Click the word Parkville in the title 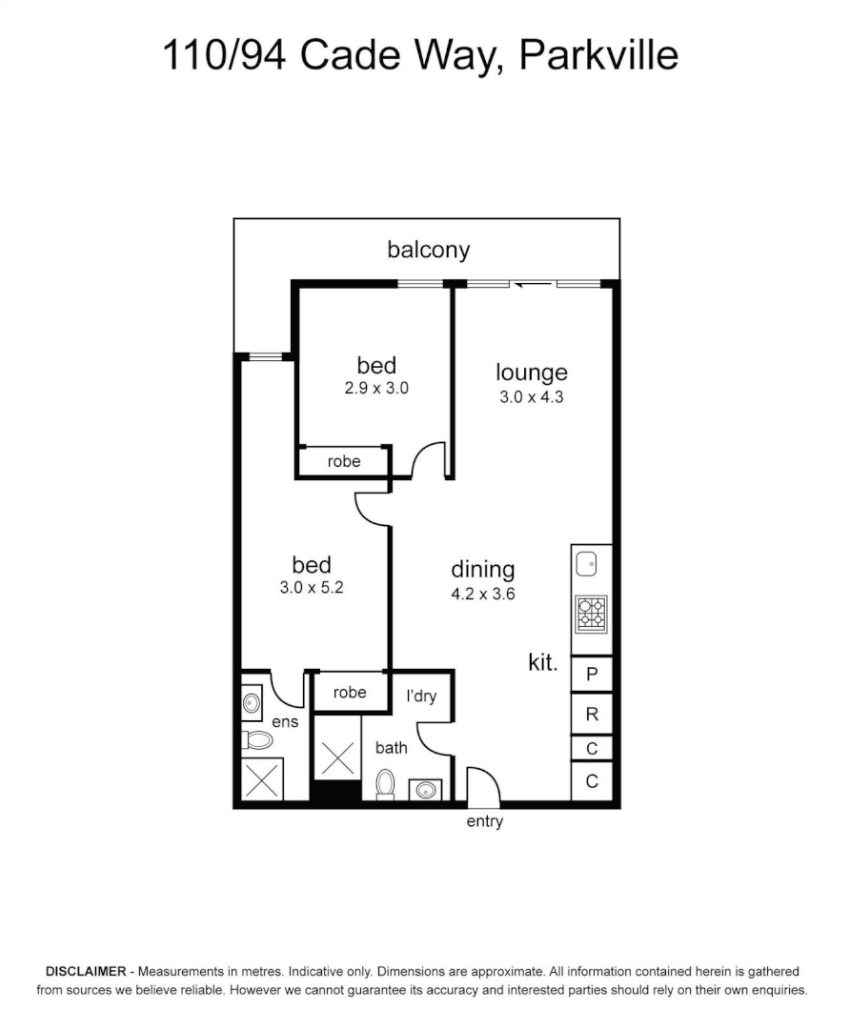click(x=598, y=55)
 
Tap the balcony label click(x=428, y=251)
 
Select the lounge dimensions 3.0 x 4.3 click(x=532, y=397)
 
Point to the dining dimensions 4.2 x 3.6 click(x=483, y=594)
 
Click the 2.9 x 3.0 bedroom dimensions click(x=376, y=389)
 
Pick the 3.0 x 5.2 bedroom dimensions click(x=311, y=588)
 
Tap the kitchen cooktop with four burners click(x=591, y=615)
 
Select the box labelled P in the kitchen click(x=592, y=676)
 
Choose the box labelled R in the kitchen click(x=592, y=714)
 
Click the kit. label click(x=543, y=663)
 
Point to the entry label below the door click(x=484, y=821)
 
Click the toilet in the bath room click(x=386, y=784)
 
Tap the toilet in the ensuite click(x=257, y=739)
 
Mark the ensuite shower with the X click(x=262, y=779)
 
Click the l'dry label click(x=421, y=696)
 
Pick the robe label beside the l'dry click(x=350, y=693)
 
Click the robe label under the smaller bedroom click(x=344, y=461)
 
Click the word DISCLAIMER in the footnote click(x=86, y=972)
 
